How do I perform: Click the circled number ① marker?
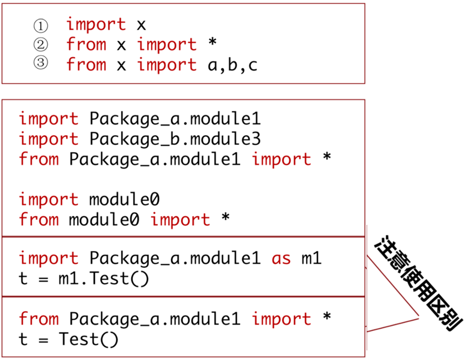(x=40, y=25)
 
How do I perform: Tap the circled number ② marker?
(x=40, y=45)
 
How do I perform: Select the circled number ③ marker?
(x=40, y=64)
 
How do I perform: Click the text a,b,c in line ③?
(x=232, y=65)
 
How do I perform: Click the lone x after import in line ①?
(x=141, y=25)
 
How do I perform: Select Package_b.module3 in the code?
(x=175, y=139)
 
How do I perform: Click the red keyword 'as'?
(x=281, y=259)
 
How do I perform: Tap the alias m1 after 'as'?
(x=312, y=259)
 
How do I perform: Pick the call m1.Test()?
(x=104, y=279)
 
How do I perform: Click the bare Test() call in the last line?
(x=88, y=339)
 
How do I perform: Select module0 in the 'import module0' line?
(x=125, y=200)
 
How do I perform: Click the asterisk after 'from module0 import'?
(x=225, y=218)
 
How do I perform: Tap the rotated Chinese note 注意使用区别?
(x=419, y=284)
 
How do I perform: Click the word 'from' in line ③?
(x=86, y=65)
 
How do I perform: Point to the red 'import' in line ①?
(x=96, y=24)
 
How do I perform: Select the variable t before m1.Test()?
(x=23, y=279)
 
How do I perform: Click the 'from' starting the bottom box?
(x=39, y=319)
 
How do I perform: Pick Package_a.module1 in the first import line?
(x=175, y=119)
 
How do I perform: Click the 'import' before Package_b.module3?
(x=48, y=139)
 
